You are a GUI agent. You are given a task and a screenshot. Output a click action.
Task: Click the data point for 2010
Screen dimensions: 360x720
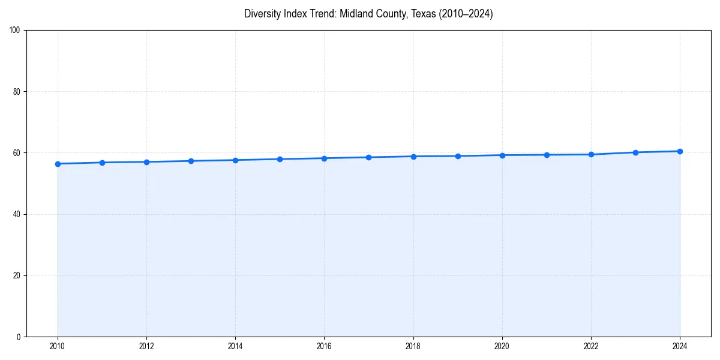(58, 164)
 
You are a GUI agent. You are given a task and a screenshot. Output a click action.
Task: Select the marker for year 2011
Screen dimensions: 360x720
(102, 163)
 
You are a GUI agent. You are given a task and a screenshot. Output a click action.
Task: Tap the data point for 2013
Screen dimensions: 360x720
(191, 161)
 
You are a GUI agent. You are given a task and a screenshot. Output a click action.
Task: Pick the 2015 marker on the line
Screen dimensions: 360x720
(280, 159)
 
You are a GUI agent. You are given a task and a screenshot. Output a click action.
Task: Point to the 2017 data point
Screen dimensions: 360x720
(368, 157)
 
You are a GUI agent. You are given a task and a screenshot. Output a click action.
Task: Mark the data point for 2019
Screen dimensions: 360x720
(458, 156)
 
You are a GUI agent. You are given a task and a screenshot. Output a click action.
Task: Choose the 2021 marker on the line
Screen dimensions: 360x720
(547, 155)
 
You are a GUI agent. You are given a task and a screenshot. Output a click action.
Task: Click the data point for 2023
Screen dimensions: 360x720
(635, 152)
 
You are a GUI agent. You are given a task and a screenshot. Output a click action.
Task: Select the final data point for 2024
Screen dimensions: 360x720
(680, 151)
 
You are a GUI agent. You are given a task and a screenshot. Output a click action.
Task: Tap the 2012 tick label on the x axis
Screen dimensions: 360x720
(146, 346)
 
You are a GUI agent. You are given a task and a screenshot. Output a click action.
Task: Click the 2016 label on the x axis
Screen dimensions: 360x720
(324, 346)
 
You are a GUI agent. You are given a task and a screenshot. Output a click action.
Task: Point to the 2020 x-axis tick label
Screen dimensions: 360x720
(502, 346)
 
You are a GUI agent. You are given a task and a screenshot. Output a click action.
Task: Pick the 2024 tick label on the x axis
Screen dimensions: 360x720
(680, 346)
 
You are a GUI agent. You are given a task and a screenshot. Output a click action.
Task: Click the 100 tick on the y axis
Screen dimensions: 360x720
(15, 31)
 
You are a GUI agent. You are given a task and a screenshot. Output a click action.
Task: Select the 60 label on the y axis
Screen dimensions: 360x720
(17, 153)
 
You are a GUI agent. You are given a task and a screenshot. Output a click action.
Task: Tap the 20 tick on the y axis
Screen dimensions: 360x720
(17, 275)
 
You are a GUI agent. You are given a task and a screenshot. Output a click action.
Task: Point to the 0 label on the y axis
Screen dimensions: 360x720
(19, 337)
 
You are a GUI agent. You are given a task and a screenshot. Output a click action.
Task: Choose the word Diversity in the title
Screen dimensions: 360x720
(262, 14)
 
